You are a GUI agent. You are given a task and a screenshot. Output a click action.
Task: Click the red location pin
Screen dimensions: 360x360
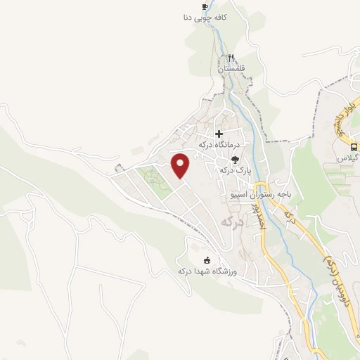click(x=181, y=165)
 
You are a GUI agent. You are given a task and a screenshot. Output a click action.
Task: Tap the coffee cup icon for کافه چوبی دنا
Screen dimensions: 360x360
click(x=205, y=6)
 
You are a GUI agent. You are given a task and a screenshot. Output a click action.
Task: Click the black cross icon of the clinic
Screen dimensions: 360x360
click(x=219, y=133)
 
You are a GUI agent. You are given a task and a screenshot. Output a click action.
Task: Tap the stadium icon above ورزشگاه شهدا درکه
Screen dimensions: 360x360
click(x=206, y=259)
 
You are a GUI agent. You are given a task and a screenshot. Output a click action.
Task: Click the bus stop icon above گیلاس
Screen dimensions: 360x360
click(x=353, y=147)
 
